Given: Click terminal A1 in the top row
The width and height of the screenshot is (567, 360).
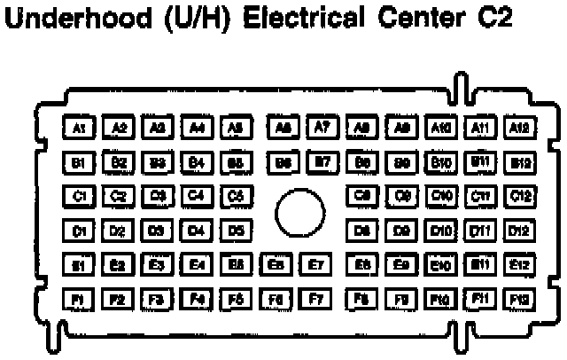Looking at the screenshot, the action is (x=79, y=129).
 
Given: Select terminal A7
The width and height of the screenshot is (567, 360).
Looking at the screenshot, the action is (x=322, y=129).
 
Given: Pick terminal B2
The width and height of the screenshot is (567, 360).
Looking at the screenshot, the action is (x=118, y=163).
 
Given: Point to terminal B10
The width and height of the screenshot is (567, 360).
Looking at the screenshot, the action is (x=440, y=163).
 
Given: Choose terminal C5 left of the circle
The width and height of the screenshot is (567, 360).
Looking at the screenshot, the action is (x=235, y=196).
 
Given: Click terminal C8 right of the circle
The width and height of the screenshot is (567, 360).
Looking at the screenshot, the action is (x=362, y=196).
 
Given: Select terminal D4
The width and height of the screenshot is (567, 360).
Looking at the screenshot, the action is (x=196, y=231).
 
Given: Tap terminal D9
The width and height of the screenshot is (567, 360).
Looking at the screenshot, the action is (x=401, y=231).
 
